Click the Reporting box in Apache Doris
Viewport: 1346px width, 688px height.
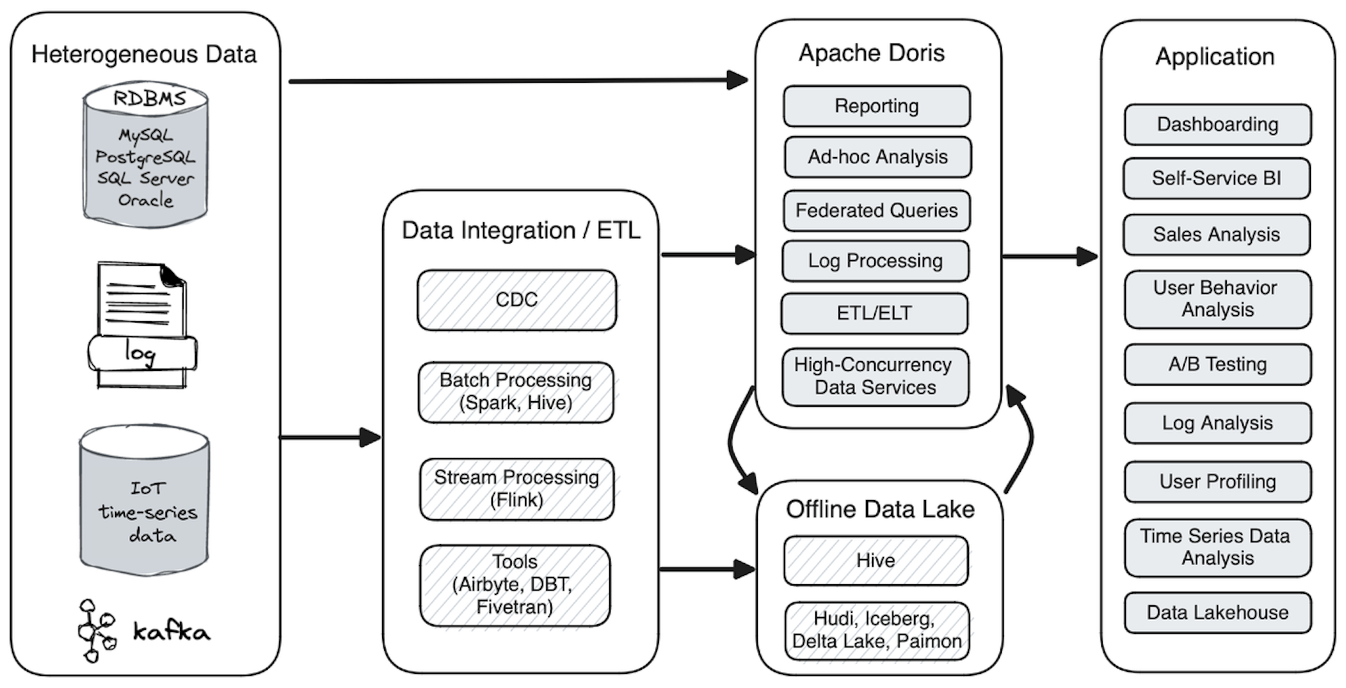(x=876, y=106)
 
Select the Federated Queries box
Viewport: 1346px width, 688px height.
(x=876, y=210)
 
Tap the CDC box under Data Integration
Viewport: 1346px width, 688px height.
(x=517, y=300)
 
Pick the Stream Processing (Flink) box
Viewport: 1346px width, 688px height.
(x=517, y=489)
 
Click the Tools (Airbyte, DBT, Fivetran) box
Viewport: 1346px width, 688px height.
(x=515, y=585)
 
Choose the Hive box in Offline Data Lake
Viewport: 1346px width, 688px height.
(x=876, y=560)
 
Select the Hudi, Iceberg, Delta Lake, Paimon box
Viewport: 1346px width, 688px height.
(x=877, y=630)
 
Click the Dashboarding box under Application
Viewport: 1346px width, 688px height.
(x=1218, y=125)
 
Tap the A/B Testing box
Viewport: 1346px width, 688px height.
(x=1218, y=364)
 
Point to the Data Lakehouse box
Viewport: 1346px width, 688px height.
(x=1218, y=612)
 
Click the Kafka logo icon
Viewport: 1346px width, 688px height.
(x=95, y=630)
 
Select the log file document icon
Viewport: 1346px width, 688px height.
(x=142, y=325)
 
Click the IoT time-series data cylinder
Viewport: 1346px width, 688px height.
(x=144, y=499)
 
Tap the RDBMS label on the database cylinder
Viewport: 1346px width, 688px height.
(x=149, y=99)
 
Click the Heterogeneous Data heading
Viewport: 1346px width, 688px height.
(x=144, y=55)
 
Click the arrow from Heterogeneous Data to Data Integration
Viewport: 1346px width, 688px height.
(x=329, y=438)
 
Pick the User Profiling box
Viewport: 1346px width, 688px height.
(x=1218, y=482)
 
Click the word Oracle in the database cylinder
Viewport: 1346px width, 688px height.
(x=145, y=201)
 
